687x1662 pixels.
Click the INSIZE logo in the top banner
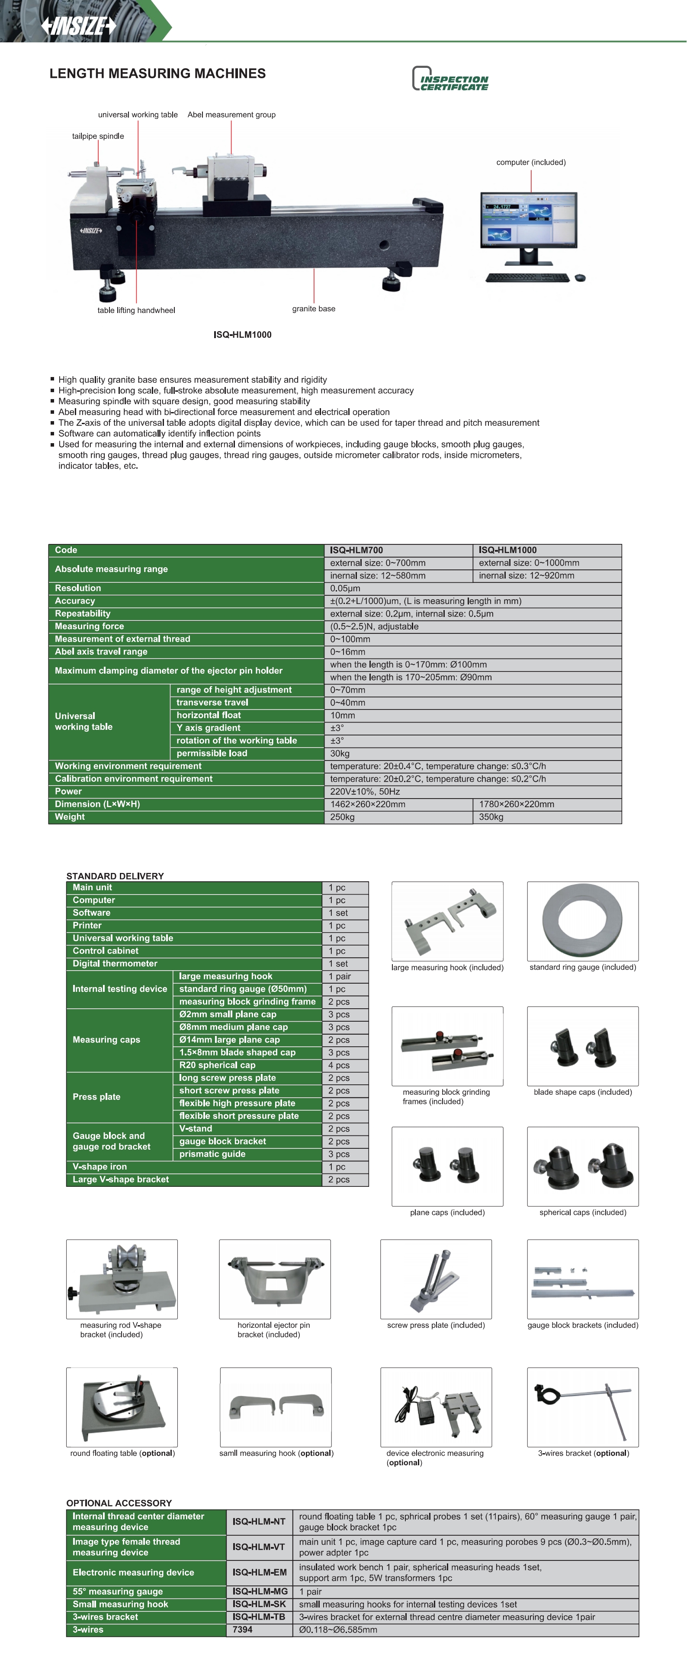79,26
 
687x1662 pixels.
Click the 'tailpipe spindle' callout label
98,136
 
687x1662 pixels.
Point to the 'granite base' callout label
313,308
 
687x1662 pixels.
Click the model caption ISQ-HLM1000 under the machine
242,334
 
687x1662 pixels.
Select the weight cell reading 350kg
491,817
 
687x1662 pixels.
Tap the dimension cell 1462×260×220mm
368,804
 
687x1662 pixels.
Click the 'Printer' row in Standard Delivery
87,925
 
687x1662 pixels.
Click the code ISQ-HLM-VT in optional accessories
259,1547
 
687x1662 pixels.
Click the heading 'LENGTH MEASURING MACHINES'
157,74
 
